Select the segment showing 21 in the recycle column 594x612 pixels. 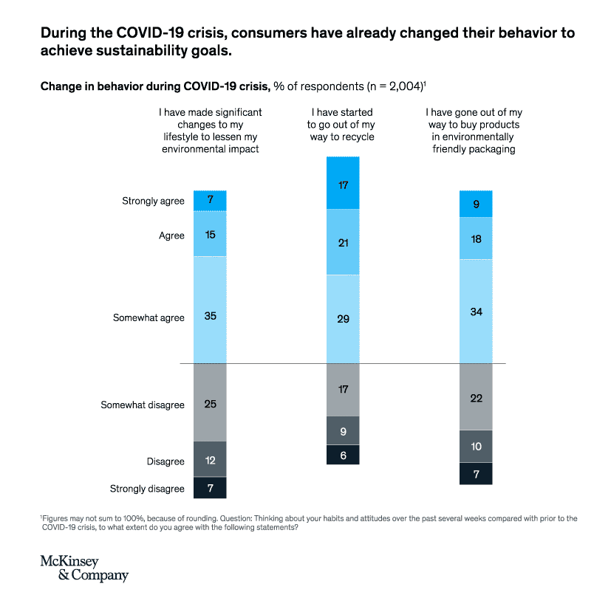(x=343, y=242)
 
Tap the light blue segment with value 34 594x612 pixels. (x=476, y=311)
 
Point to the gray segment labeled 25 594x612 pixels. (x=210, y=403)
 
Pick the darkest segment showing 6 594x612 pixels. (x=343, y=455)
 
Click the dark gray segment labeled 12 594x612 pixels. (x=210, y=460)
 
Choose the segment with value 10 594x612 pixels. (x=476, y=447)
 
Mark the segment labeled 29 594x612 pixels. (x=343, y=319)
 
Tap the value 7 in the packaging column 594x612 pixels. (x=476, y=474)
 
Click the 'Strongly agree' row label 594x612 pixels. (x=153, y=201)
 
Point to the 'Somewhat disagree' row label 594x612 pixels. (x=143, y=405)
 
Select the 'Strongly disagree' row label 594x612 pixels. (x=147, y=489)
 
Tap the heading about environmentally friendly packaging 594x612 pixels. (x=474, y=131)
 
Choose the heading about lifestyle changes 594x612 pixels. (x=211, y=131)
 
